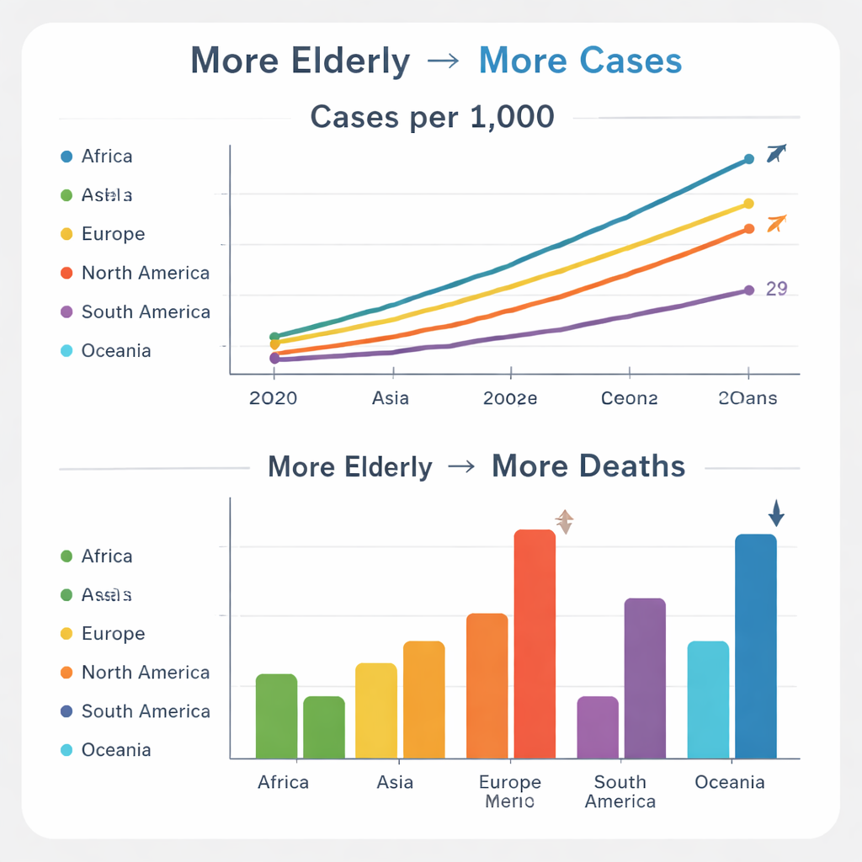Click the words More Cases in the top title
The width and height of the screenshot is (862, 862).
[x=580, y=61]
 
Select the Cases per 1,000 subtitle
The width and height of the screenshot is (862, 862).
[x=432, y=116]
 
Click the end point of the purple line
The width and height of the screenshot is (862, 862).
[x=749, y=290]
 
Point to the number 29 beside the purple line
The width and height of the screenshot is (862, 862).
[x=776, y=289]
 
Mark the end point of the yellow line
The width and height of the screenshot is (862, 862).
[x=749, y=204]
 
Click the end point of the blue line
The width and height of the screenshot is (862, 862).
[x=749, y=159]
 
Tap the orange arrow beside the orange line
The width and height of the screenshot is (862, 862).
[x=776, y=224]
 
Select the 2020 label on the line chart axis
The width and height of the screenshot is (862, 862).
[x=274, y=398]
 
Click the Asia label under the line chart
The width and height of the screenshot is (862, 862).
[x=390, y=398]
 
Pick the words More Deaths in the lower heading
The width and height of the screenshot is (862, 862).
[x=588, y=466]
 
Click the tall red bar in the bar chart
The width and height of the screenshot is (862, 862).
[x=535, y=644]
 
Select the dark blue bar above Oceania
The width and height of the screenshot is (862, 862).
[x=755, y=646]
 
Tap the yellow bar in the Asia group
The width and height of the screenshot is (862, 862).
[x=376, y=710]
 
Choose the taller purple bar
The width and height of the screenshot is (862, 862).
[x=645, y=678]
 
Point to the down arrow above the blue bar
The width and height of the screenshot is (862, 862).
[x=776, y=513]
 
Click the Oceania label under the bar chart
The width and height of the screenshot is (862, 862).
[x=729, y=783]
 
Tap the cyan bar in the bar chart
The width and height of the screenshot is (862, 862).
[x=708, y=700]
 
